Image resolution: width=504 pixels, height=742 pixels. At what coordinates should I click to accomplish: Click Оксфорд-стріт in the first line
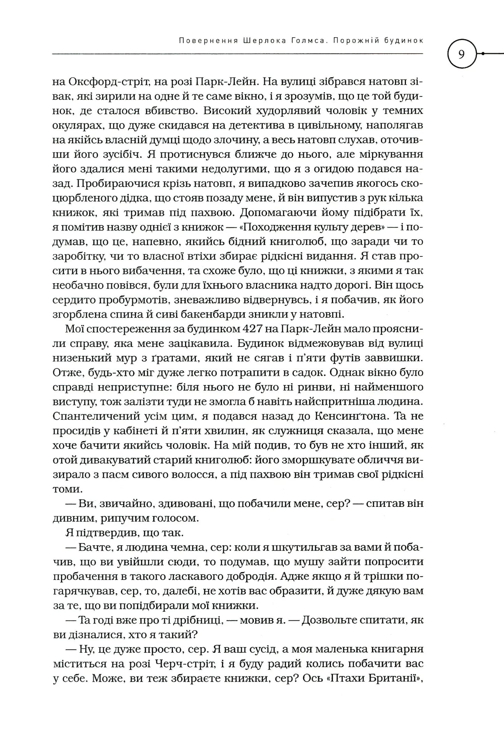[x=104, y=82]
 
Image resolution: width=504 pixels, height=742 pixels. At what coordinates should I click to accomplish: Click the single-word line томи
[x=68, y=489]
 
